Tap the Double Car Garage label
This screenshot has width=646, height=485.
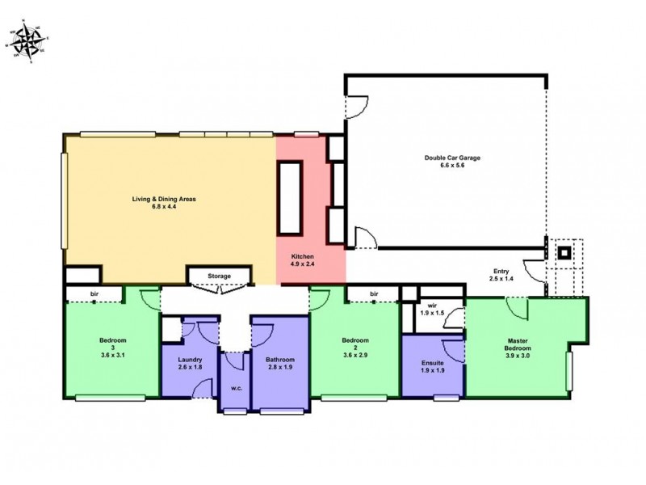click(452, 158)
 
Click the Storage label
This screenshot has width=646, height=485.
click(219, 276)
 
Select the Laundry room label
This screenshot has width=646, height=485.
click(191, 360)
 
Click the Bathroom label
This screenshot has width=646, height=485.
click(280, 360)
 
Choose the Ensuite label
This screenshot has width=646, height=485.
click(433, 364)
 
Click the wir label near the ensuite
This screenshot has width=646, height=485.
click(432, 305)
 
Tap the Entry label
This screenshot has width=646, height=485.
click(501, 271)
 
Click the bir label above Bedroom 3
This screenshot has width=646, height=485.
click(94, 293)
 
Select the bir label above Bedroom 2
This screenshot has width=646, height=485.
click(374, 293)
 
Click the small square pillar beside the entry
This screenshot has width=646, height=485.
click(565, 252)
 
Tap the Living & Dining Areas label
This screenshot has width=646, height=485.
click(164, 198)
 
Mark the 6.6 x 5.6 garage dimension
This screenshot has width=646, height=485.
click(452, 166)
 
